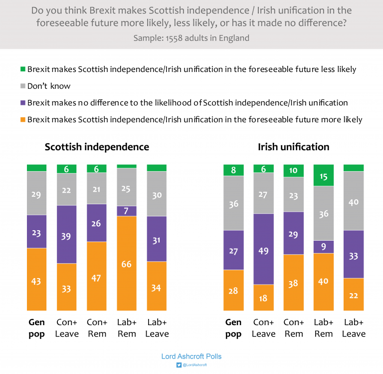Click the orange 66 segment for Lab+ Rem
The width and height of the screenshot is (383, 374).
[x=127, y=264]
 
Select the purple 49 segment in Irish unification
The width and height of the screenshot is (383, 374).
[x=263, y=249]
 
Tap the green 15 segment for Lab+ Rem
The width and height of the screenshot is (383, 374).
[x=324, y=175]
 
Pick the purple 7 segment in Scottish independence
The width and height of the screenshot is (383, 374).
[x=127, y=211]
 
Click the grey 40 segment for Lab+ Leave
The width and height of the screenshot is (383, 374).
[x=354, y=201]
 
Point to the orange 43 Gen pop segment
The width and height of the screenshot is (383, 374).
[x=36, y=279]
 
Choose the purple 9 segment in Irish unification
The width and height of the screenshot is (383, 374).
[x=324, y=247]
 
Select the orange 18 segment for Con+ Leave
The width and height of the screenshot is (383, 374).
[x=263, y=298]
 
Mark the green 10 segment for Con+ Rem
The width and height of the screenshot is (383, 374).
[x=294, y=171]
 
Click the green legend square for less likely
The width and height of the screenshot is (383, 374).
[x=23, y=69]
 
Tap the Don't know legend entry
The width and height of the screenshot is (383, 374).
[x=45, y=86]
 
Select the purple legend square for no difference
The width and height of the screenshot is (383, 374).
[x=23, y=103]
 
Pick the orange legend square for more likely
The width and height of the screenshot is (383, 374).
[x=23, y=120]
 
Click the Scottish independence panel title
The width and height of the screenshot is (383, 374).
[x=97, y=147]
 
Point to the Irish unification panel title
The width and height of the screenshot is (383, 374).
[x=294, y=147]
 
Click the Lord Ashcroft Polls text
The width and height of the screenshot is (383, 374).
[x=191, y=357]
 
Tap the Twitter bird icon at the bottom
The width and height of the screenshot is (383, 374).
[x=179, y=365]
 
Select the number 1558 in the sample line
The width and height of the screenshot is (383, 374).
[x=174, y=38]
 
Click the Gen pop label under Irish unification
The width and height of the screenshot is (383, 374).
[x=233, y=328]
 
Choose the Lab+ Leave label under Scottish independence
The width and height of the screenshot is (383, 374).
[x=157, y=328]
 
